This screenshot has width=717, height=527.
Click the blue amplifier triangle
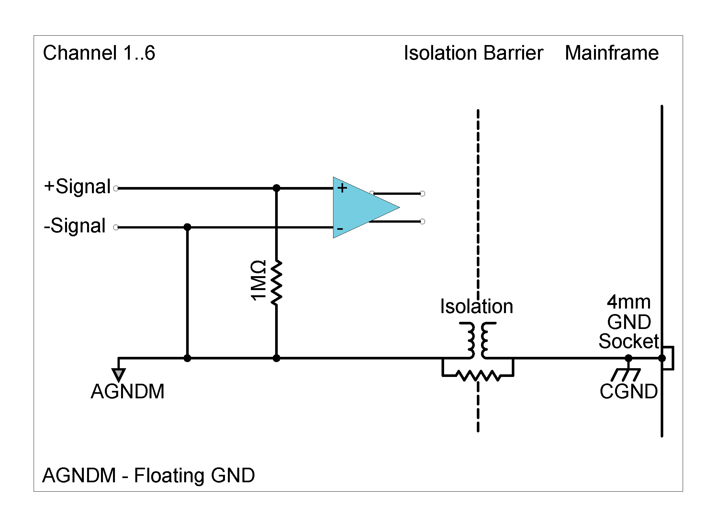click(359, 207)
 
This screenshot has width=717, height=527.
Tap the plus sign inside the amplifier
click(342, 188)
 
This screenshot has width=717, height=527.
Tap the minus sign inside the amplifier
click(340, 229)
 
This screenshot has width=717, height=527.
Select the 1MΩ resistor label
click(258, 280)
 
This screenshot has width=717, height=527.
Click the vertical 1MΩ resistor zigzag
click(276, 283)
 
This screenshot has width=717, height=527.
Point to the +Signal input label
click(78, 187)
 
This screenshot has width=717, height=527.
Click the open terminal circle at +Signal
click(116, 188)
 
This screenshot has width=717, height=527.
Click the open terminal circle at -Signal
click(116, 228)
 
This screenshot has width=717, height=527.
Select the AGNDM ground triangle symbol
click(119, 375)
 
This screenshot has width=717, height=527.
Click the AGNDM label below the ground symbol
click(128, 392)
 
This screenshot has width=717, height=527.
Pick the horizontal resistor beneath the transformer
click(478, 376)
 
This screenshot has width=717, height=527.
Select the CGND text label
click(628, 392)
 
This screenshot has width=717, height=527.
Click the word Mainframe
click(611, 53)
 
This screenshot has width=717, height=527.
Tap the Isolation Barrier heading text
click(473, 53)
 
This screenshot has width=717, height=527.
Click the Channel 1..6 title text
click(99, 53)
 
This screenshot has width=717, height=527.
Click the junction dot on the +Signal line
click(276, 188)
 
